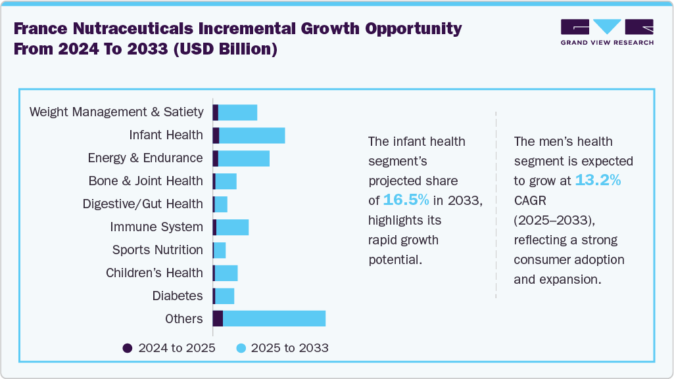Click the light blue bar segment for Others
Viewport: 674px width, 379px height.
coord(274,319)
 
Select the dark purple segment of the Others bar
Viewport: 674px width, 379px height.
coord(218,319)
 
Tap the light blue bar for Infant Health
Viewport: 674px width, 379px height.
coord(252,135)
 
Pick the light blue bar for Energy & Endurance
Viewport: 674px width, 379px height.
coord(244,158)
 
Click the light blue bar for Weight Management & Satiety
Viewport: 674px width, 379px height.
coord(237,112)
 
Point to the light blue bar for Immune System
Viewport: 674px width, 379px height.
coord(233,227)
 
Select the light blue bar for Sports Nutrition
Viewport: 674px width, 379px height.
coord(220,250)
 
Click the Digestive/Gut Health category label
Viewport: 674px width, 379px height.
coord(143,204)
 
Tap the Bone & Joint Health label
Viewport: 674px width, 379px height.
coord(145,181)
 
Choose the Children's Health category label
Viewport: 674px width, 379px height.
coord(154,273)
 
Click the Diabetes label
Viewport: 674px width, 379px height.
coord(178,296)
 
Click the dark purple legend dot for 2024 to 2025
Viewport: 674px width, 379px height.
coord(128,348)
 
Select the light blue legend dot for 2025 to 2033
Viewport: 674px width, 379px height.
coord(241,348)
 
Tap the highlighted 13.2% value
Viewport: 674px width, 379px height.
coord(598,181)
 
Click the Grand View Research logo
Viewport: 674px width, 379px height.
coord(606,32)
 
